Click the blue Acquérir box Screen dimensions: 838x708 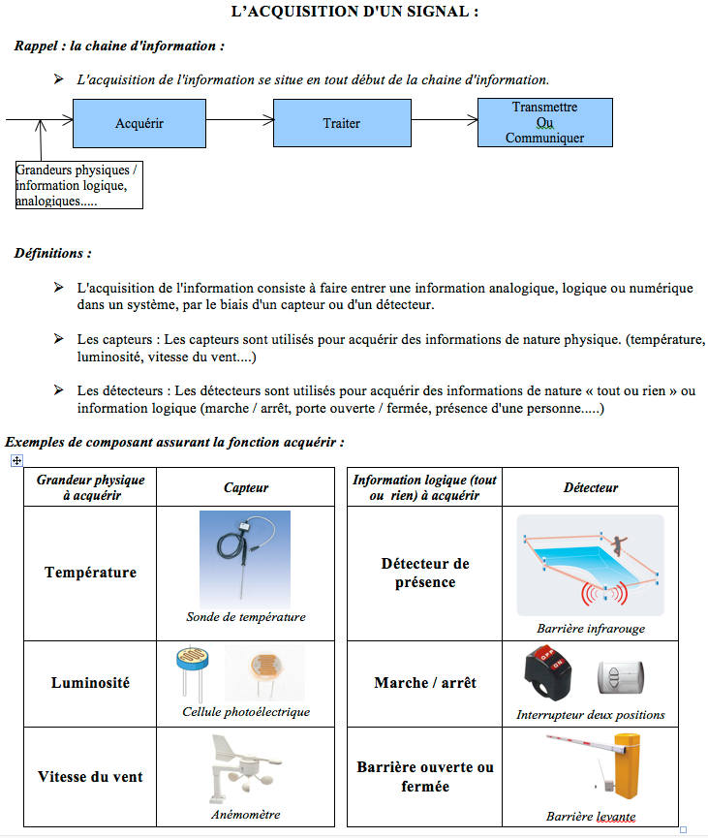(139, 123)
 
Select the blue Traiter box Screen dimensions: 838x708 (342, 123)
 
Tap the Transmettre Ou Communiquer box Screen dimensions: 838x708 (544, 122)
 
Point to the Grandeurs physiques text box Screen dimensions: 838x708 (78, 185)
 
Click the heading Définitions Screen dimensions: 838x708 (53, 254)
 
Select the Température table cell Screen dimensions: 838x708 (90, 573)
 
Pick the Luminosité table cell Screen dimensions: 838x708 (90, 683)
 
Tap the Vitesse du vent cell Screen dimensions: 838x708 (90, 776)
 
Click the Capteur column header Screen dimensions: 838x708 (246, 487)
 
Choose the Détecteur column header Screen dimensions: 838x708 (591, 487)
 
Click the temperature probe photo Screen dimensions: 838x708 (245, 556)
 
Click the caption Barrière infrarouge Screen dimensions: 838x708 (591, 628)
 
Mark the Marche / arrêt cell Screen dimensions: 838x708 (425, 683)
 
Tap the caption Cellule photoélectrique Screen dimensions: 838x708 (246, 712)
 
